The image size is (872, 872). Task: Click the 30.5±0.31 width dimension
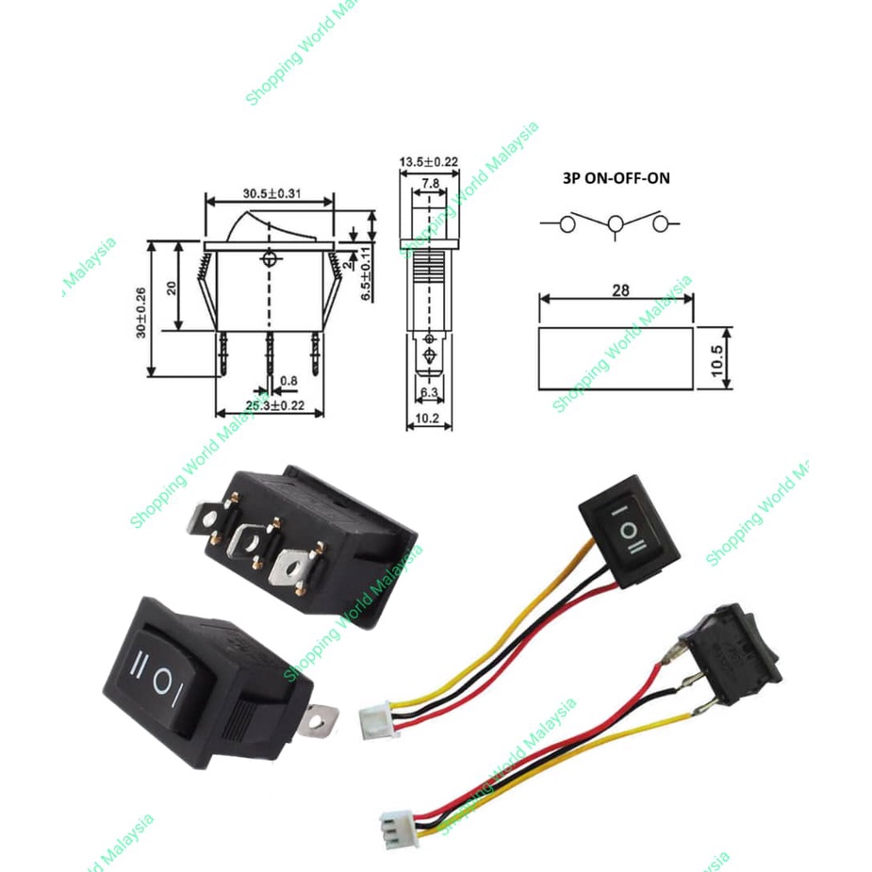click(x=271, y=193)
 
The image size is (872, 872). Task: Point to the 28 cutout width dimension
click(x=619, y=290)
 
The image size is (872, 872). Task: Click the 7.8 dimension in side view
click(x=428, y=182)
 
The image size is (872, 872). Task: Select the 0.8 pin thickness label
click(x=288, y=381)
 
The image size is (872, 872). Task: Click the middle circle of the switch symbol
click(x=616, y=224)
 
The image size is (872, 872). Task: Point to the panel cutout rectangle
click(x=616, y=358)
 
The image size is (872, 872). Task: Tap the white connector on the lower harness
click(x=393, y=829)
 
